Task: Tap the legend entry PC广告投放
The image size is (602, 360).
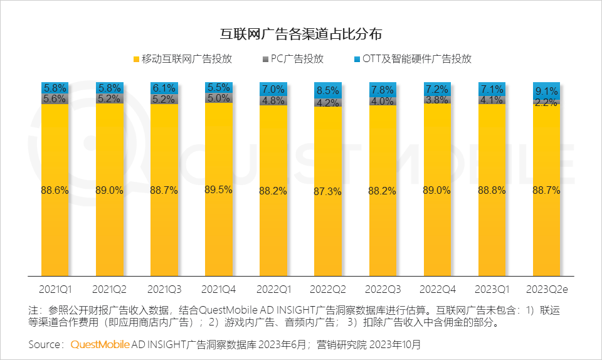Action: coord(297,59)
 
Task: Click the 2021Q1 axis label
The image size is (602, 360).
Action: coord(55,290)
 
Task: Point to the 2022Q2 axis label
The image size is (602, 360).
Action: coord(328,290)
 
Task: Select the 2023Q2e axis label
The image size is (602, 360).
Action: coord(546,290)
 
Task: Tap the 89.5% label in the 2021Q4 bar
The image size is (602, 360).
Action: coord(219,190)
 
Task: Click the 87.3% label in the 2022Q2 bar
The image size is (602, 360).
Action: coord(328,192)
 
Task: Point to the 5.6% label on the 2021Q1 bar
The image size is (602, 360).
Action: coord(55,98)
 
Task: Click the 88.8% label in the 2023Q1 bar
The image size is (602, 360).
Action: coord(492,191)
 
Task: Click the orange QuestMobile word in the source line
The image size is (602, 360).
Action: coord(100,344)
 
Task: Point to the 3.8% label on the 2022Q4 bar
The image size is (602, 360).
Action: coord(437,99)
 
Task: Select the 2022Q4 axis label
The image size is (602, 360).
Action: coord(437,290)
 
